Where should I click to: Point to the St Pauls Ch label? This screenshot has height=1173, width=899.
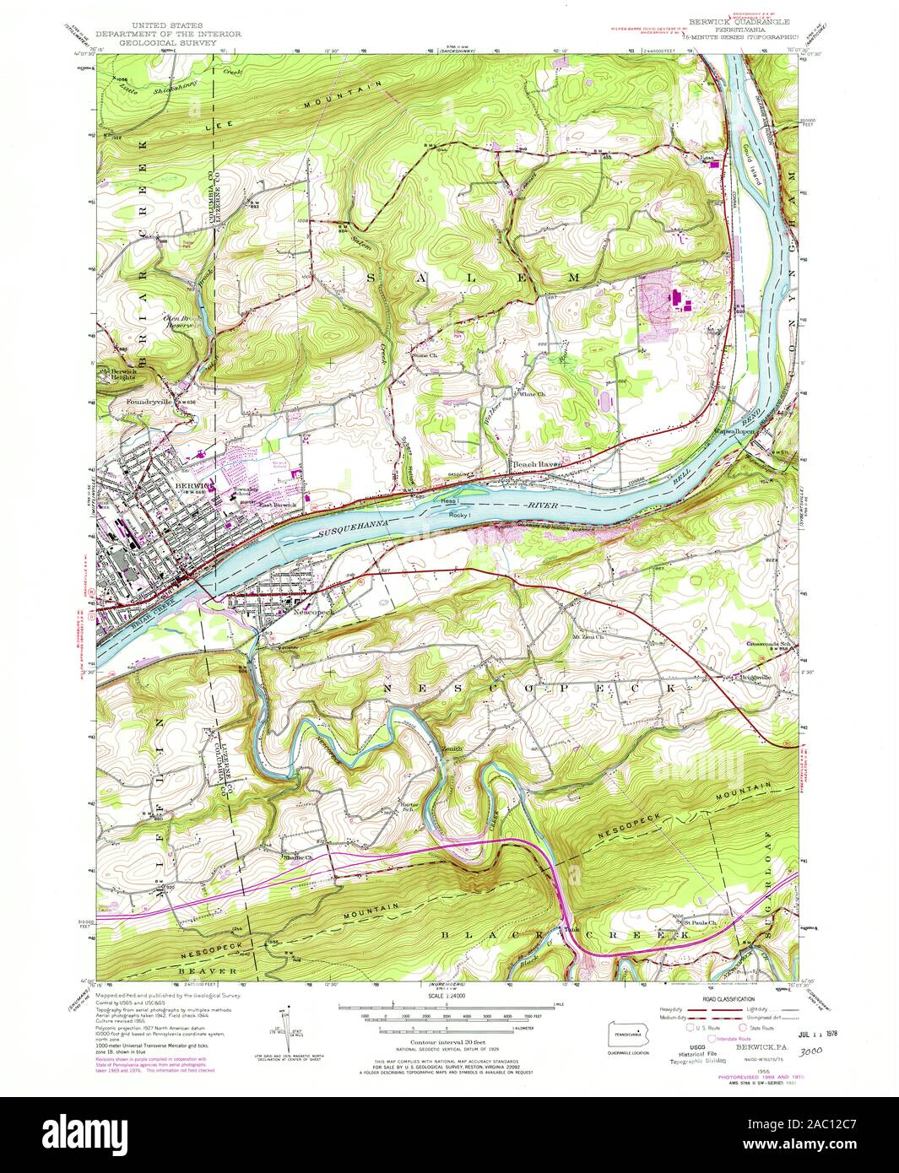699,922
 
